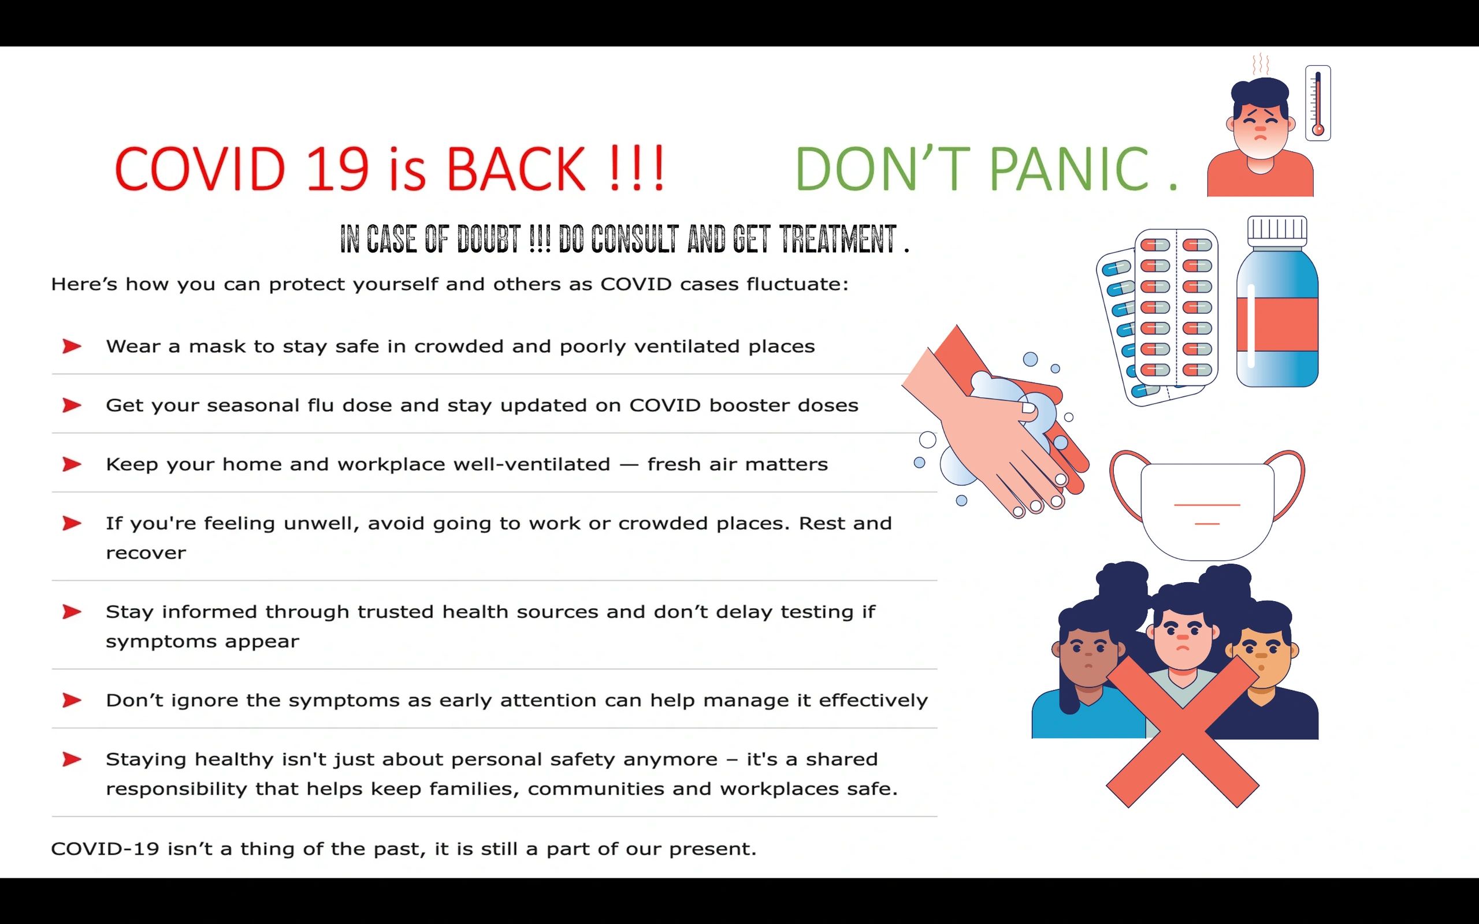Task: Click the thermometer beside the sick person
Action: [x=1318, y=103]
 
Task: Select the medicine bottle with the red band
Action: [x=1277, y=301]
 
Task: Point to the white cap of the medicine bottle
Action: [x=1277, y=230]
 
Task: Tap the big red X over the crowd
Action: [x=1183, y=732]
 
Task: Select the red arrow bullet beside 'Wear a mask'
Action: [x=72, y=346]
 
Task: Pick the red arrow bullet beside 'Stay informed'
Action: [x=72, y=612]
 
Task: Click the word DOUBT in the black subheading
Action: [x=489, y=239]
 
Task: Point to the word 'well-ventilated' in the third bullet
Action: [x=474, y=464]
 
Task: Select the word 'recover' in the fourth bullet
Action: [x=146, y=553]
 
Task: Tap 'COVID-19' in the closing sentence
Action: [x=105, y=849]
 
